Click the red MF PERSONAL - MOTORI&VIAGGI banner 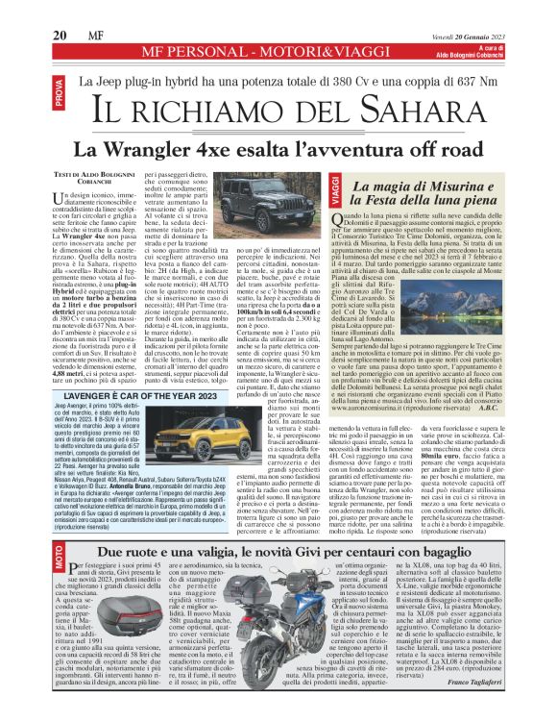278,51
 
